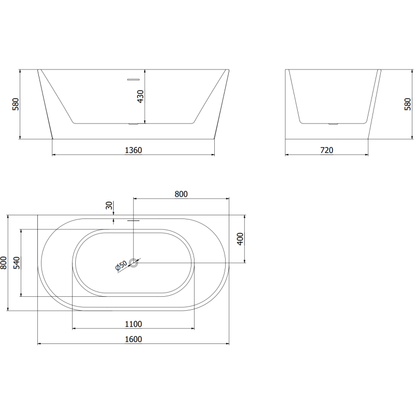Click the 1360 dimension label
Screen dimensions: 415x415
click(x=133, y=150)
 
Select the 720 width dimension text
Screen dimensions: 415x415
click(x=326, y=150)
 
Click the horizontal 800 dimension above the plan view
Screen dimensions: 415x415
click(x=181, y=194)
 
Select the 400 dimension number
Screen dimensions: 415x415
click(x=240, y=239)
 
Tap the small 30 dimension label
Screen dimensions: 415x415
click(x=109, y=205)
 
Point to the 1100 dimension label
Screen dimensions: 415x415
click(x=133, y=324)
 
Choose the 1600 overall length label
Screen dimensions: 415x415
click(x=133, y=339)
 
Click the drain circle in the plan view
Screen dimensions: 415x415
click(x=134, y=263)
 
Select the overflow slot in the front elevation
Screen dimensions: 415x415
click(x=134, y=79)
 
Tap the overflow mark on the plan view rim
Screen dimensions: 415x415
click(x=134, y=219)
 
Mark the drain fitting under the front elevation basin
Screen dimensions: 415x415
click(x=134, y=124)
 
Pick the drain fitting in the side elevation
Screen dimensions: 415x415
click(x=333, y=124)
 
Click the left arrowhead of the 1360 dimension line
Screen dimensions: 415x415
click(x=54, y=155)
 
